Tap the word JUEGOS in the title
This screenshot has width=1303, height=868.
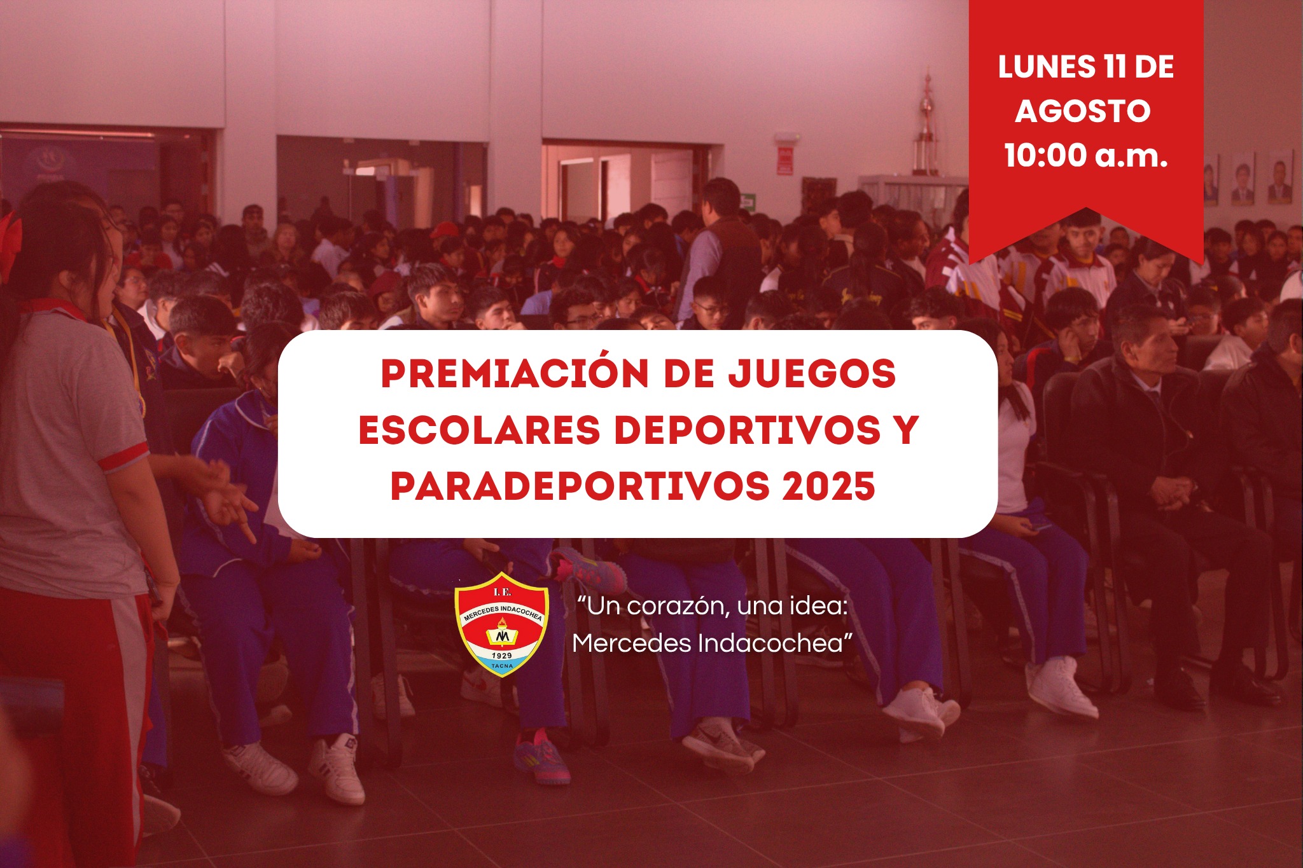(x=812, y=373)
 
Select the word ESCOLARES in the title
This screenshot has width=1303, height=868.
(x=479, y=430)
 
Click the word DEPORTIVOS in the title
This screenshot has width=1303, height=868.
(x=748, y=430)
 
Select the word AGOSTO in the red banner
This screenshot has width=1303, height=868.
(x=1083, y=111)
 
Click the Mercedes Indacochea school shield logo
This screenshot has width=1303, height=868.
(x=502, y=624)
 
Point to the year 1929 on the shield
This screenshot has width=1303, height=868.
(x=502, y=655)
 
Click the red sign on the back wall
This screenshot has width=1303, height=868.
(x=785, y=160)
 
